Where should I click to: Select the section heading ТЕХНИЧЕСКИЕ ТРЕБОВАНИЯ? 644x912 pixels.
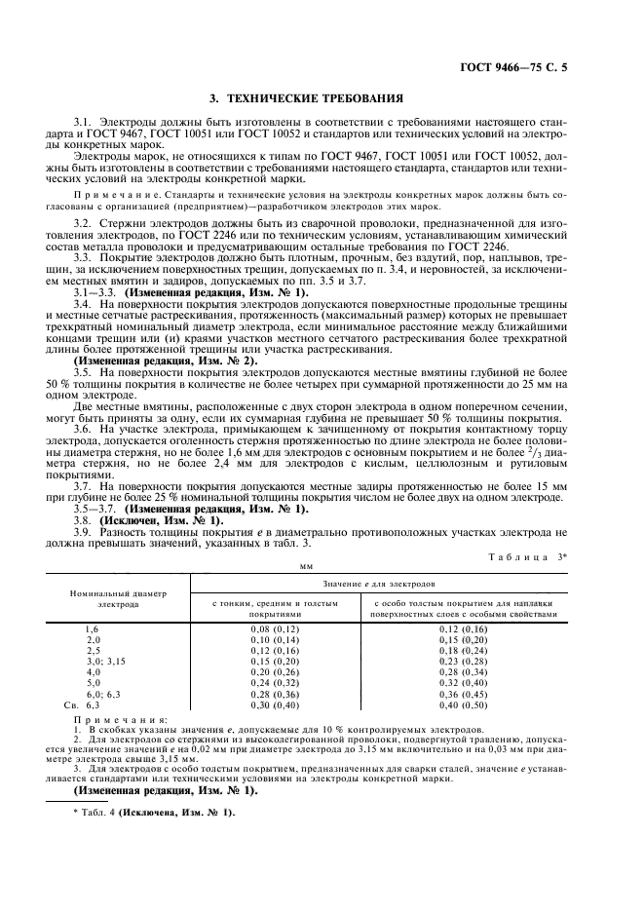point(321,99)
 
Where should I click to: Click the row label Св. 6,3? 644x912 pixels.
point(84,703)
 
